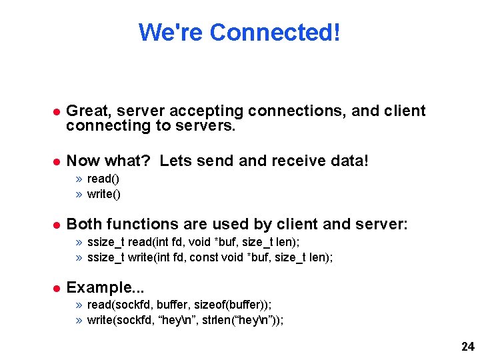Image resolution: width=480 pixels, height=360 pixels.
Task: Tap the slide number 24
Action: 467,347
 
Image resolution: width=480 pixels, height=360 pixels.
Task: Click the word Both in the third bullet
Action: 85,224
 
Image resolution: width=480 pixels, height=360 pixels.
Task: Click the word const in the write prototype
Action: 203,257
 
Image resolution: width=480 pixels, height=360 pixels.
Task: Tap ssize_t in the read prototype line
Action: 105,242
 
